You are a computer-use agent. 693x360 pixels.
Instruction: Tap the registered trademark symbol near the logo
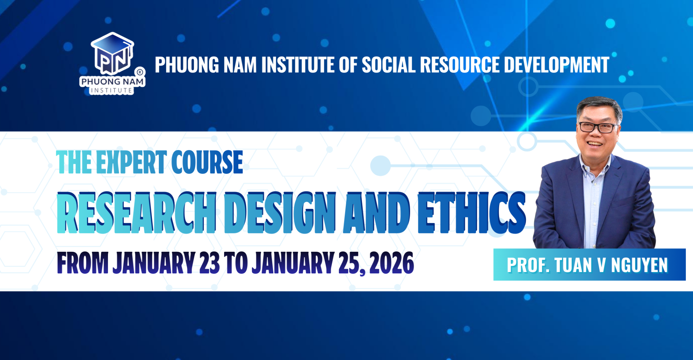pos(140,72)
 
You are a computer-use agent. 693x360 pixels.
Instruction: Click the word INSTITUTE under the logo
pos(111,91)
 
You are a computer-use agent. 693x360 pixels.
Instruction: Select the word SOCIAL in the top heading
pos(388,65)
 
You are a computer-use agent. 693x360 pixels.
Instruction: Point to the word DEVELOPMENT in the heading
pos(556,65)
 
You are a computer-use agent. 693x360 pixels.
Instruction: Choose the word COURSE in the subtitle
pos(207,162)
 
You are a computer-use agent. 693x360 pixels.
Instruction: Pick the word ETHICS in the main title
pos(471,213)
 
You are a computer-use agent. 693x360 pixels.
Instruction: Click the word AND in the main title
pos(376,213)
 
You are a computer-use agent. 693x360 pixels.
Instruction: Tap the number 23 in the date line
pos(209,263)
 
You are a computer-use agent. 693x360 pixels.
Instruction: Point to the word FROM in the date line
pos(83,263)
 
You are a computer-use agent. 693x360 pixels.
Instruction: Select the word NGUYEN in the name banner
pos(639,265)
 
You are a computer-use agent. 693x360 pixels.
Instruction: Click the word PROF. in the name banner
pos(528,265)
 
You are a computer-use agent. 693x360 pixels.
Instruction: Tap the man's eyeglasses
pos(597,127)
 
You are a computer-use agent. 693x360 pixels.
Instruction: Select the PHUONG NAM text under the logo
pos(112,82)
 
